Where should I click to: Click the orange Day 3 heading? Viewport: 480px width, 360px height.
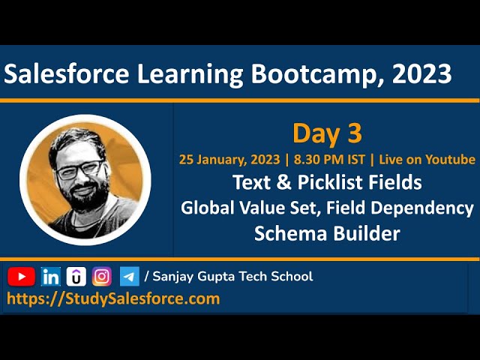[327, 133]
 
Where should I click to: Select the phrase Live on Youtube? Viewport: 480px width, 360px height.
[427, 159]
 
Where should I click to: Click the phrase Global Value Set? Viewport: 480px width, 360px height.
[236, 208]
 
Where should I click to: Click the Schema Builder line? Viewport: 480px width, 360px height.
[327, 233]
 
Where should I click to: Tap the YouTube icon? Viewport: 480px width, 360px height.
[22, 277]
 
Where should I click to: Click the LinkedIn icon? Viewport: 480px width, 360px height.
[51, 277]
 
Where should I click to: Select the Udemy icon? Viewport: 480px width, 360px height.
[76, 277]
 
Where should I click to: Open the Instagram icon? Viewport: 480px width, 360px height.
[102, 277]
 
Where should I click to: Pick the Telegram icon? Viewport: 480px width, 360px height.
[129, 277]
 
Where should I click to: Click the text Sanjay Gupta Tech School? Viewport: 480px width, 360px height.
[232, 277]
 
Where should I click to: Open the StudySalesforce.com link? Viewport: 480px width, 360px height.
[113, 298]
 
